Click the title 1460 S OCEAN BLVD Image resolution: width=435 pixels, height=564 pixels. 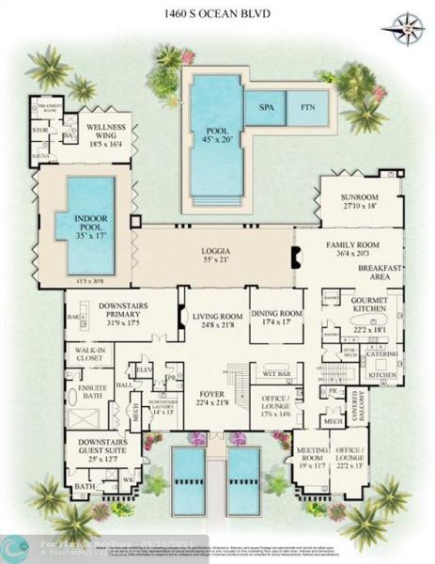point(216,12)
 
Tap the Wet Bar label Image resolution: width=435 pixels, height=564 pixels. point(275,374)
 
